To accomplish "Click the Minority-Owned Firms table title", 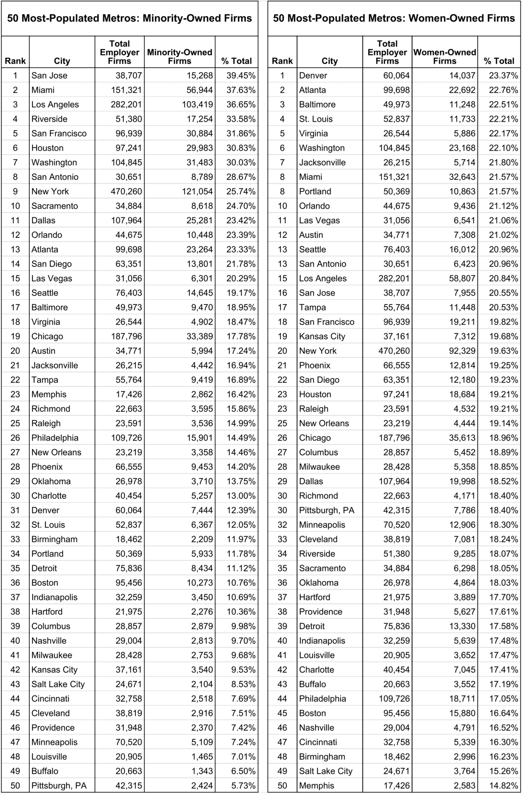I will (x=130, y=18).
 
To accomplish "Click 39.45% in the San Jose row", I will (x=241, y=75).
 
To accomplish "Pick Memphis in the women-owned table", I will (x=316, y=785).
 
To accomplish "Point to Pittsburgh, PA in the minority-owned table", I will (x=59, y=785).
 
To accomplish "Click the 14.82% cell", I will (x=503, y=785).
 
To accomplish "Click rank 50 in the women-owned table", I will (x=282, y=785).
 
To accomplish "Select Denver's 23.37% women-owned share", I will (x=503, y=75).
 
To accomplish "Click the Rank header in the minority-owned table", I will (x=15, y=61).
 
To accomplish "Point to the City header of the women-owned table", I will (x=329, y=61).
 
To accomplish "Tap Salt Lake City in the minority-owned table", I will (x=58, y=684).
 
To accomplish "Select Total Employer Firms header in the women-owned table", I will (x=387, y=52).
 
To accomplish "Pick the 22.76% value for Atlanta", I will (x=503, y=90).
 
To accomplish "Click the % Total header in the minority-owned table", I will (x=237, y=61).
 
